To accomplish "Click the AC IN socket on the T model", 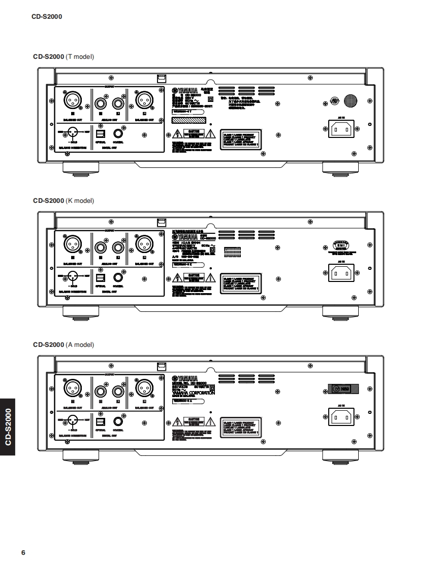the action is click(341, 130).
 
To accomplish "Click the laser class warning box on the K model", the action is click(241, 282).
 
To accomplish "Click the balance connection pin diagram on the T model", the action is click(71, 133).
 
